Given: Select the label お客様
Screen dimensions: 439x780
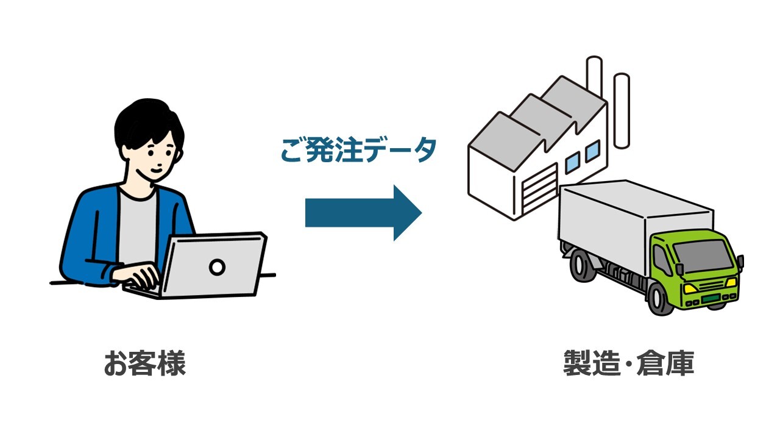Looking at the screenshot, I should pos(144,363).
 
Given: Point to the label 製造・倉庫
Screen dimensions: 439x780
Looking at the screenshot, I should pos(628,363).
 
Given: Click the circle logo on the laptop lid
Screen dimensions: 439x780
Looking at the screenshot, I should pos(217,266).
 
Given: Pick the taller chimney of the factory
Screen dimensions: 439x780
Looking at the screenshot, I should pos(594,76).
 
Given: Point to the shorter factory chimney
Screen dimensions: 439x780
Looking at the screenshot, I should pos(621,110).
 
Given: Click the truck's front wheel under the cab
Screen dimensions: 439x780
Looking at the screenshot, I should pos(660,299).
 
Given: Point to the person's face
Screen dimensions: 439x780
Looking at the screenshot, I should pos(155,155).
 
